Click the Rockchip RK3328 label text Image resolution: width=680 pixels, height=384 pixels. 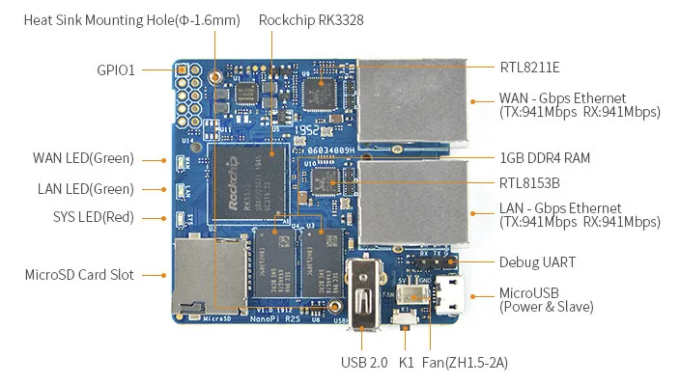tap(310, 19)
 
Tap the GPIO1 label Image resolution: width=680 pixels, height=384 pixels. tap(116, 69)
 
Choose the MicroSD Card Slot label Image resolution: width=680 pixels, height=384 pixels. tap(79, 275)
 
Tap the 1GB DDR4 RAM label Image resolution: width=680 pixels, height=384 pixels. tap(545, 157)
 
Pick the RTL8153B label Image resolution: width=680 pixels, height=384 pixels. tap(528, 180)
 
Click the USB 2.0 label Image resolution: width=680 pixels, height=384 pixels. tap(365, 363)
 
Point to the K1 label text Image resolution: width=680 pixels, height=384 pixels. tap(406, 363)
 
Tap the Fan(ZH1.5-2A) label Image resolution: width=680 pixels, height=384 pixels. tap(467, 363)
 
